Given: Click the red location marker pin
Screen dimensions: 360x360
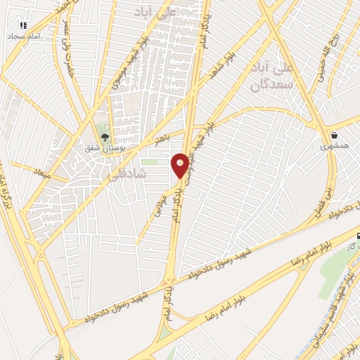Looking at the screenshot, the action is point(180,165).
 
